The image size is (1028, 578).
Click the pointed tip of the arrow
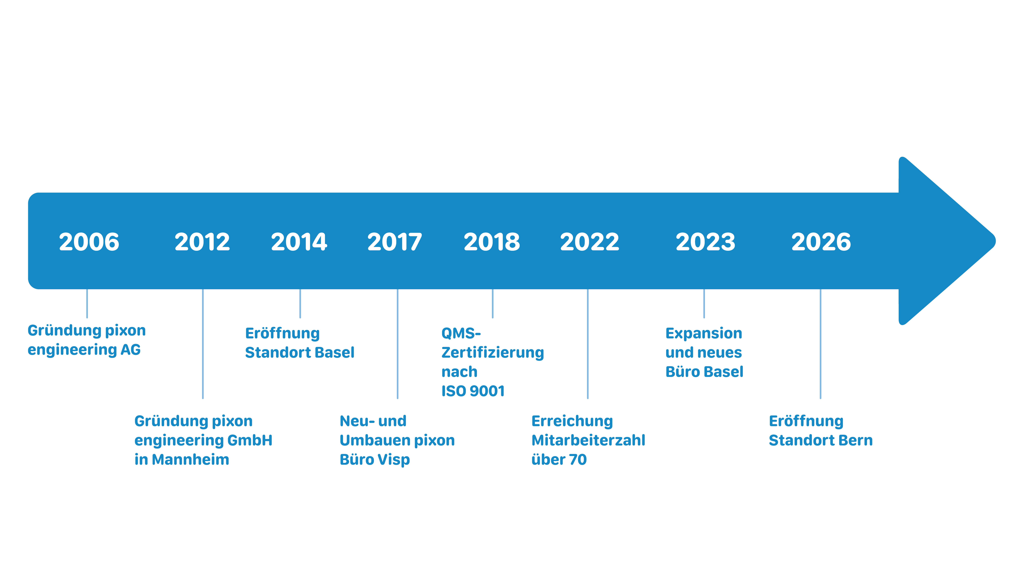click(995, 241)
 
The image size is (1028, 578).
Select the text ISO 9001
click(473, 391)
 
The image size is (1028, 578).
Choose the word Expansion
click(704, 333)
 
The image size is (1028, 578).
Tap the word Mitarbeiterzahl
click(588, 440)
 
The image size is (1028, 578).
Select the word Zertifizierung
click(492, 353)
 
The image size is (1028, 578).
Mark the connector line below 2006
click(87, 304)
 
